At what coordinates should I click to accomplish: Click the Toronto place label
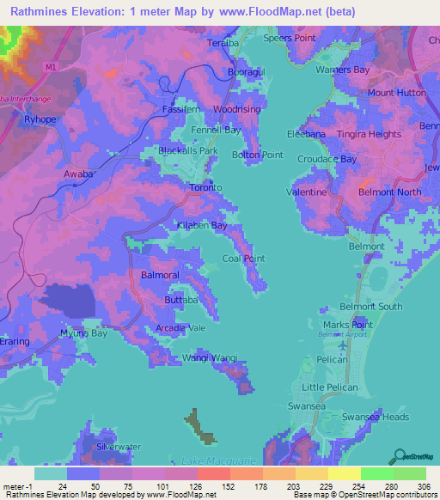pyautogui.click(x=206, y=186)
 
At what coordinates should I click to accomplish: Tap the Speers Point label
pyautogui.click(x=288, y=38)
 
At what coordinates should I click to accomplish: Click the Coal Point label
pyautogui.click(x=243, y=258)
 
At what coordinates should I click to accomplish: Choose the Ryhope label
pyautogui.click(x=40, y=119)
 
